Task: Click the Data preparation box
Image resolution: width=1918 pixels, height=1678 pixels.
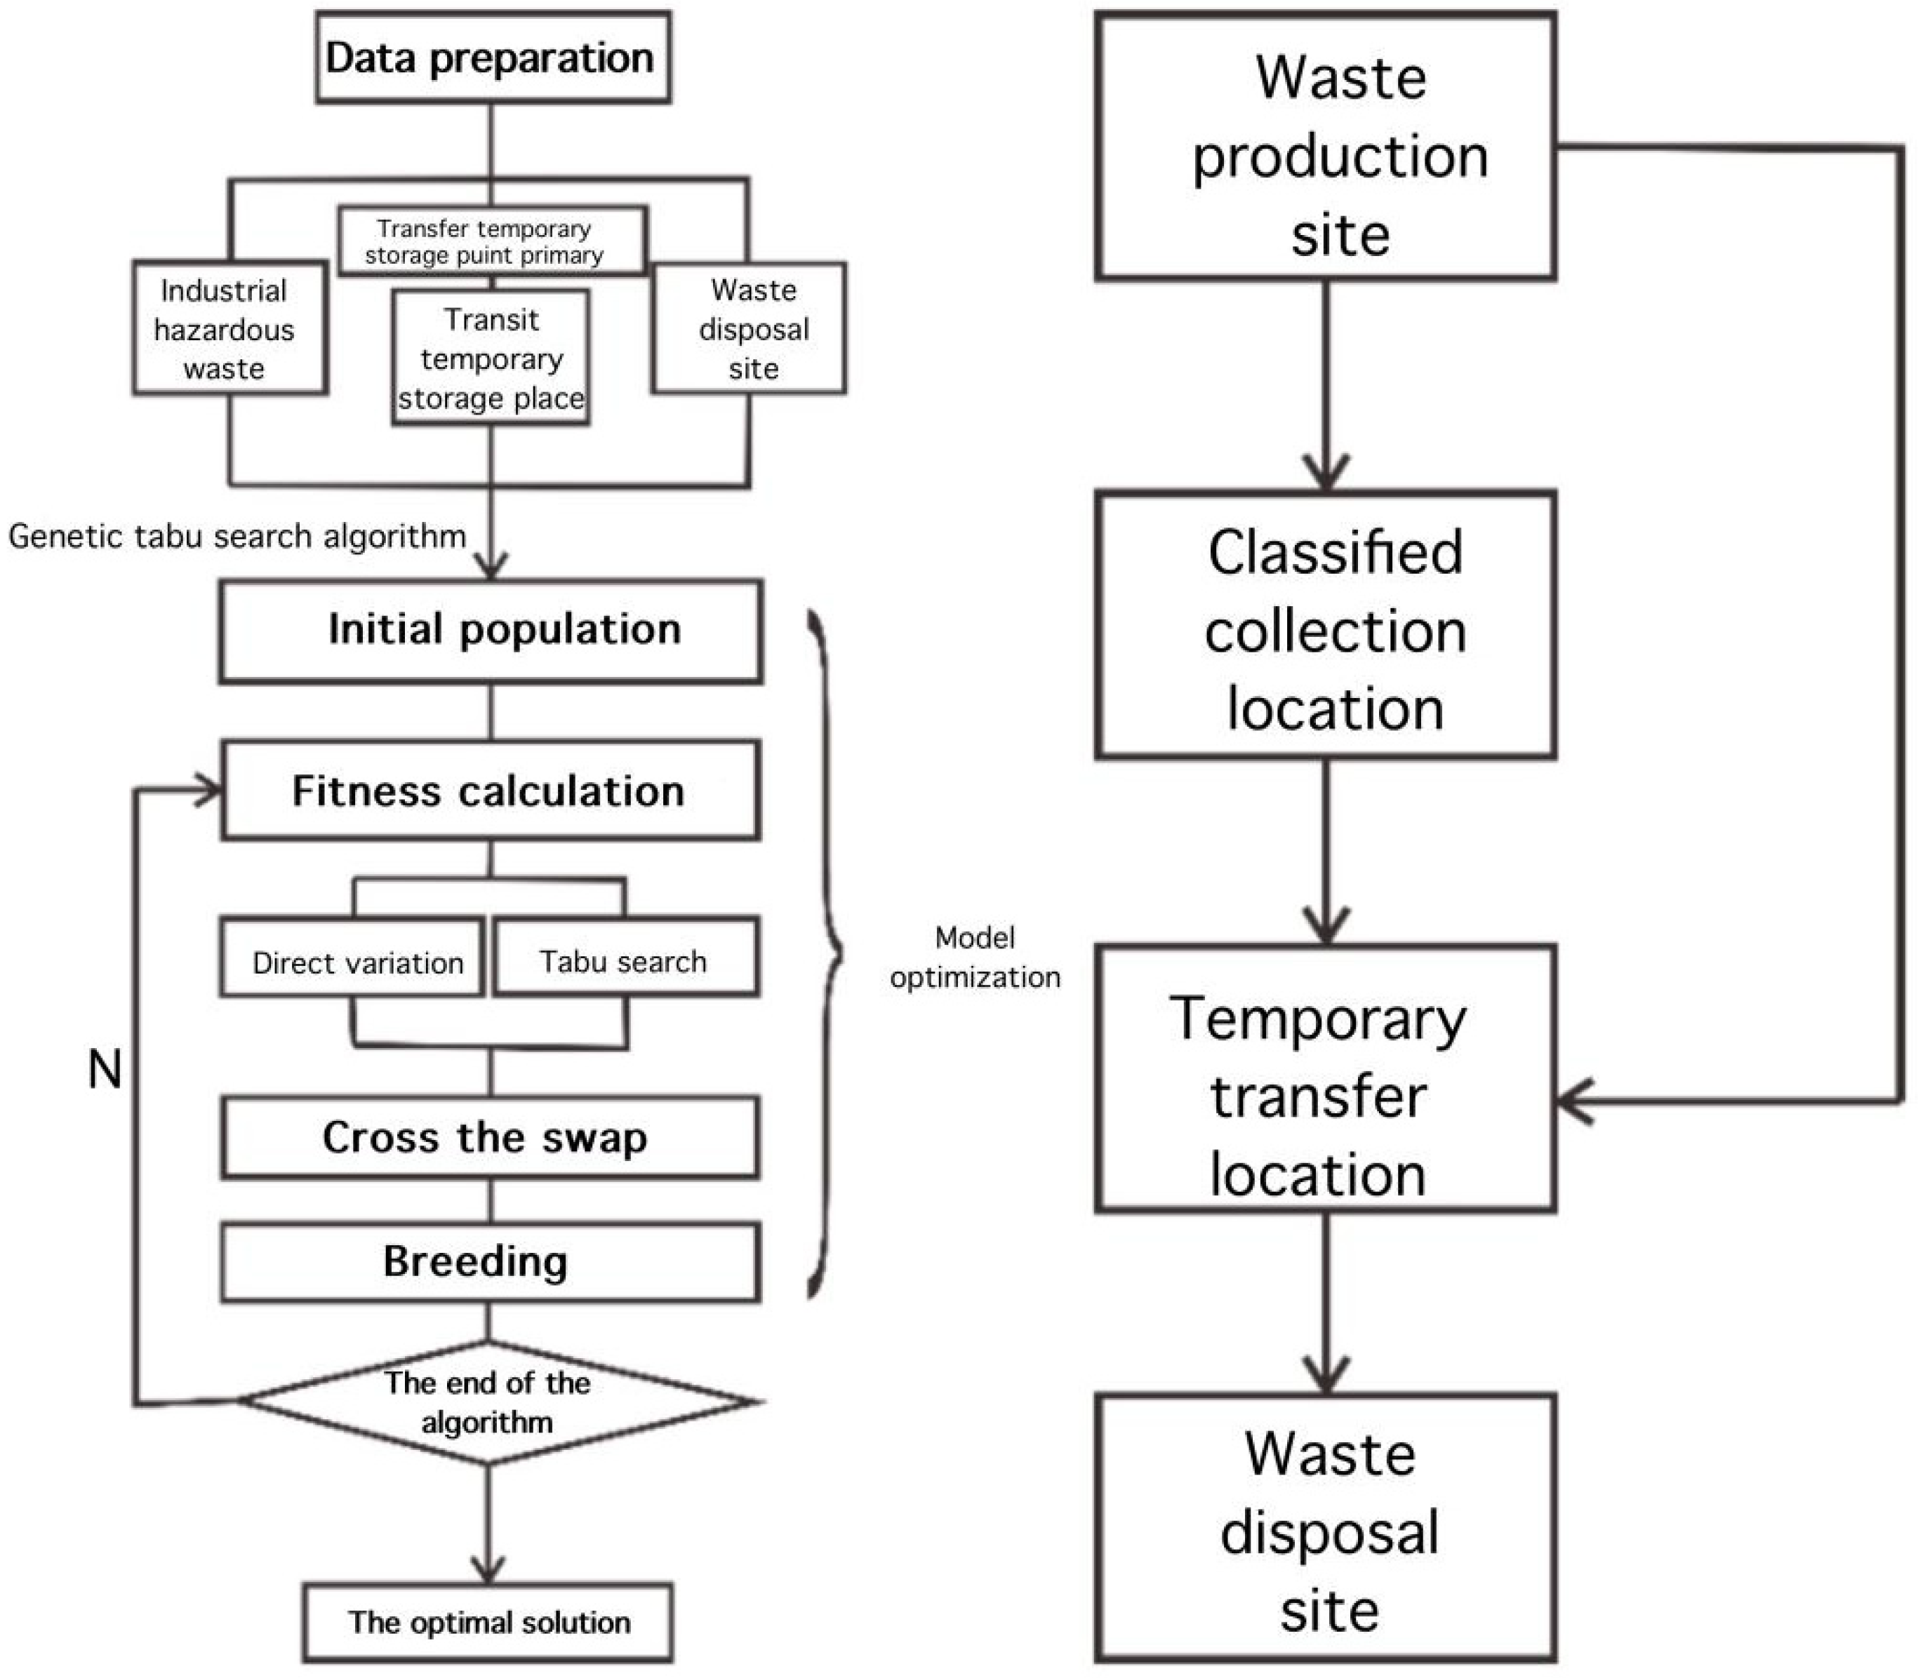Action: click(493, 58)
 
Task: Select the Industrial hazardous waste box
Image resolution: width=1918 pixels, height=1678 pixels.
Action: click(229, 328)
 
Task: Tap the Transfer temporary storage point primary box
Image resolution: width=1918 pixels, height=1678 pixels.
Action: click(492, 241)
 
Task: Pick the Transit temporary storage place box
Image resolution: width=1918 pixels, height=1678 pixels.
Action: click(491, 358)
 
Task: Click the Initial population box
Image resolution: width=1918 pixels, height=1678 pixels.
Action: click(491, 630)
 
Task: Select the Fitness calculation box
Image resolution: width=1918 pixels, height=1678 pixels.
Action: click(491, 791)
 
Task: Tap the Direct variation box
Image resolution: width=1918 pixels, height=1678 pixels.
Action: click(353, 957)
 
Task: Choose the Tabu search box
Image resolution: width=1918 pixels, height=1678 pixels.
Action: click(625, 957)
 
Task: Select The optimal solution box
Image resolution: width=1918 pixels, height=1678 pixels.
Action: click(488, 1623)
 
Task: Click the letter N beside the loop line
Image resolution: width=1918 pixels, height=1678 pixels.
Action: click(105, 1068)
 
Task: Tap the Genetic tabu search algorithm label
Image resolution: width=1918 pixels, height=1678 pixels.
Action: click(237, 537)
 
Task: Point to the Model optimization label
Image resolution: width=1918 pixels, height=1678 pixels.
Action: click(974, 957)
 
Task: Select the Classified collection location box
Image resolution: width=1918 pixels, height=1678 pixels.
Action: click(1325, 626)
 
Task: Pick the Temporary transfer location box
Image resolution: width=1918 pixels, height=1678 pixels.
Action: click(1325, 1079)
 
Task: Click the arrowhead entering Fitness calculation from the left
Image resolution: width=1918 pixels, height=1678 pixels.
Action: click(208, 791)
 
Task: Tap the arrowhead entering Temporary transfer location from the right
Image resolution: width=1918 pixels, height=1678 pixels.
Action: click(1573, 1101)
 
